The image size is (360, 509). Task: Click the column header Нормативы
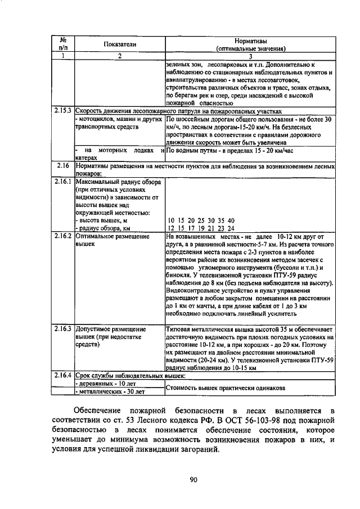click(x=251, y=41)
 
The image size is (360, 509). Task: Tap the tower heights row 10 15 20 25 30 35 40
click(x=201, y=220)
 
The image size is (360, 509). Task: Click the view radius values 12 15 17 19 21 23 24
click(x=201, y=228)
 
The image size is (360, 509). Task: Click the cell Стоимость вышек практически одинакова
click(x=225, y=388)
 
